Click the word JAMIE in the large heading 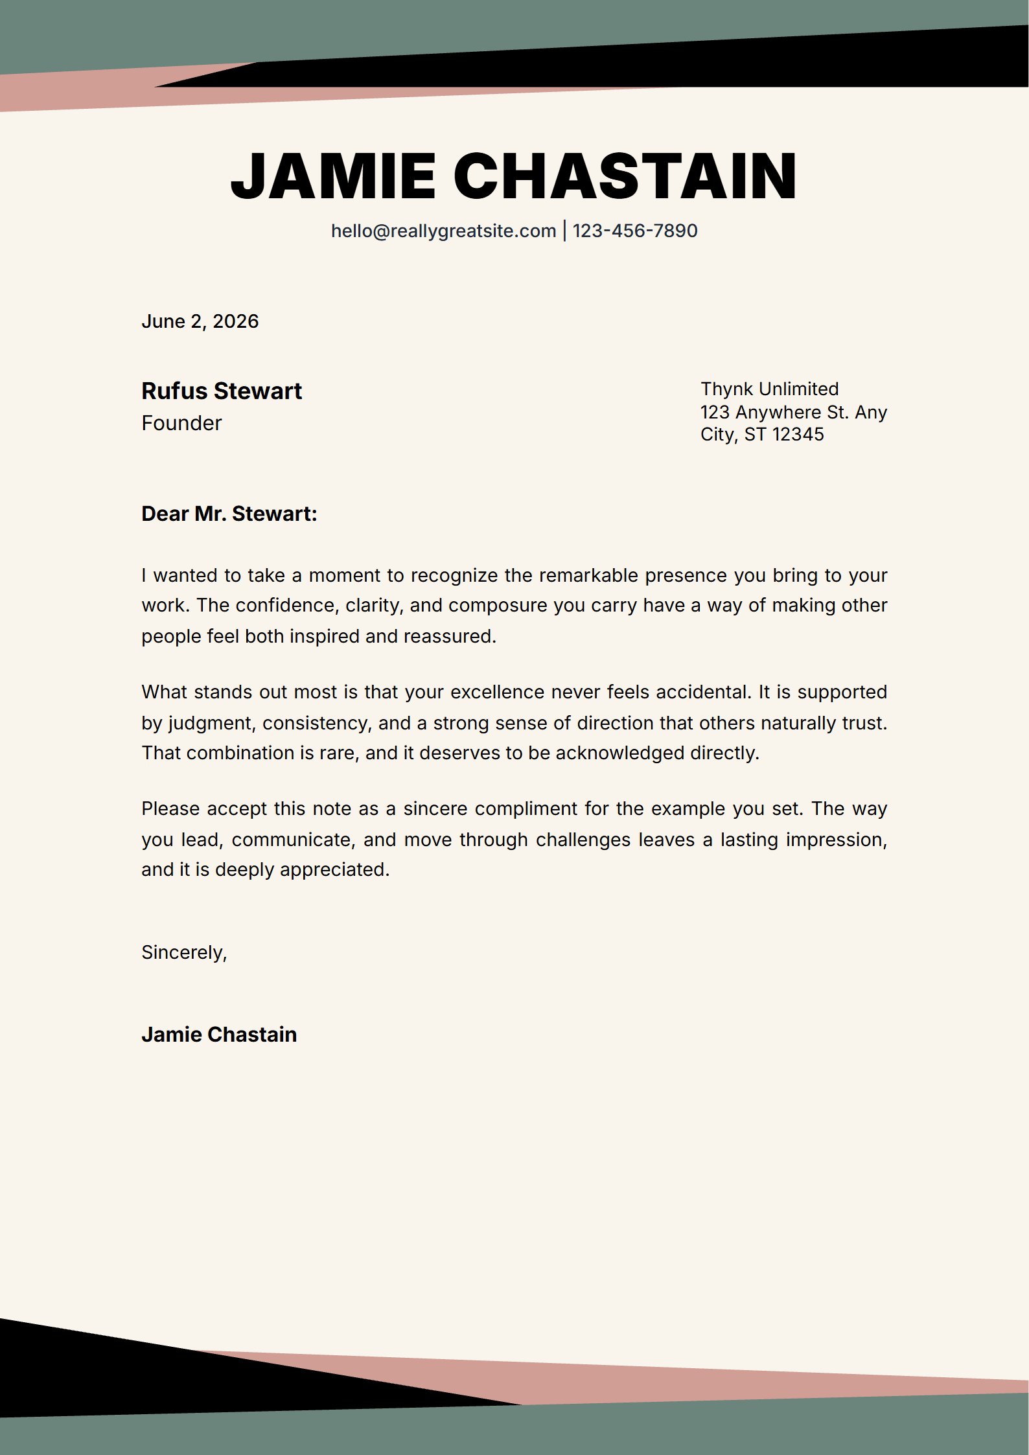[332, 176]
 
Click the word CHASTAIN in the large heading [625, 176]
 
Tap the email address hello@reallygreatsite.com [443, 231]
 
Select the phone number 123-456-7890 [635, 231]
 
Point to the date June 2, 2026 [200, 321]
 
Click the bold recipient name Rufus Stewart [222, 391]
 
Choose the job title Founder [181, 423]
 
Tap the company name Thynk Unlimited [769, 389]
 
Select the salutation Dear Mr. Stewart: [229, 514]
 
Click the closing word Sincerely [183, 952]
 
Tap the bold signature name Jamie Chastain [219, 1035]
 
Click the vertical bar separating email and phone [564, 231]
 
